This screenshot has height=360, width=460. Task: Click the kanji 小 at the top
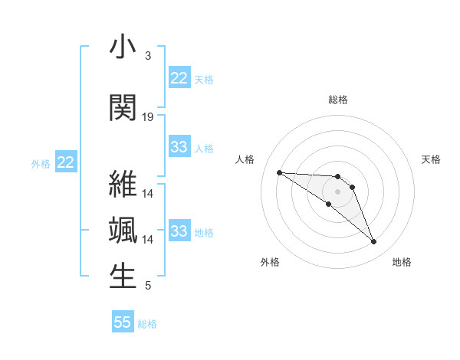point(123,48)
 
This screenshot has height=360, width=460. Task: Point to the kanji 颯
point(123,231)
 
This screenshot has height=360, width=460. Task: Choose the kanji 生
point(123,277)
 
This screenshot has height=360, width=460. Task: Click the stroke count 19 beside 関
point(148,116)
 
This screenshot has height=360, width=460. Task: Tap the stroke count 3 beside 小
point(147,56)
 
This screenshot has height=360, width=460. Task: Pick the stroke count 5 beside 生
point(147,286)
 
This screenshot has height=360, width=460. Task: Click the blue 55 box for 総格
point(123,322)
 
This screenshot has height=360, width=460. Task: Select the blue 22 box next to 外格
point(65,162)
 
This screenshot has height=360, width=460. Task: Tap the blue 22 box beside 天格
point(179,78)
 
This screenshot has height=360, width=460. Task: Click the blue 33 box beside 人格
point(179,147)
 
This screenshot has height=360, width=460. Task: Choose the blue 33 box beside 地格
point(179,231)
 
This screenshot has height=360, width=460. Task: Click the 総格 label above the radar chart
point(337,100)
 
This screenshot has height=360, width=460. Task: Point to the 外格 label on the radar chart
point(270,262)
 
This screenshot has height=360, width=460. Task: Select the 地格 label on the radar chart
point(402,262)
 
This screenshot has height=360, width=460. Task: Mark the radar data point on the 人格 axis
point(279,172)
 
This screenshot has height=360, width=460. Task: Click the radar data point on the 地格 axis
point(373,242)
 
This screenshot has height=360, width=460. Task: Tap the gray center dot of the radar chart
point(337,191)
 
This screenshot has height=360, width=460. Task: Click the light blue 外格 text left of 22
point(41,163)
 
